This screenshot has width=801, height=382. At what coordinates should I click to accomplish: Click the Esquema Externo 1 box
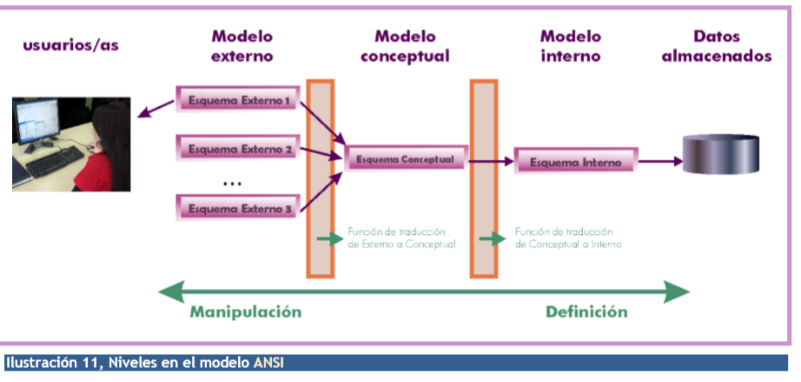(x=237, y=100)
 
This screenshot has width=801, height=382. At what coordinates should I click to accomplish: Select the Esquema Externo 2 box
(x=237, y=149)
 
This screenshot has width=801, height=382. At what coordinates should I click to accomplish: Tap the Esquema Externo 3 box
(x=237, y=208)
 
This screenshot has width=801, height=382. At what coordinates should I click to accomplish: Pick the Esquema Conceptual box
(x=406, y=159)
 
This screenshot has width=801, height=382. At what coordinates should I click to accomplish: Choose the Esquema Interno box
(x=576, y=162)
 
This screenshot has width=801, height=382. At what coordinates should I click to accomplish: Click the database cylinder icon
(x=721, y=154)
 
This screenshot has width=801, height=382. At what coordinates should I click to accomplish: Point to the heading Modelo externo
(x=242, y=46)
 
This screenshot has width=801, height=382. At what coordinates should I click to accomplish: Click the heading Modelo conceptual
(x=405, y=46)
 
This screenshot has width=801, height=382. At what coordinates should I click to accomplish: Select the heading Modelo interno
(x=571, y=46)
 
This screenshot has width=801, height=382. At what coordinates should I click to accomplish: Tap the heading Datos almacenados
(x=717, y=46)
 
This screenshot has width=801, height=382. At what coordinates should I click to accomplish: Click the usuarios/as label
(x=70, y=45)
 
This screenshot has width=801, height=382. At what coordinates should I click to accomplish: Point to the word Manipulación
(x=246, y=312)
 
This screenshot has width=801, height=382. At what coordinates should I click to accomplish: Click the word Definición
(x=586, y=312)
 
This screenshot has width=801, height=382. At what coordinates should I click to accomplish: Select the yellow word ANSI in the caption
(x=268, y=363)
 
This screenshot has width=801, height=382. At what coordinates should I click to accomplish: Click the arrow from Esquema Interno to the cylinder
(x=660, y=162)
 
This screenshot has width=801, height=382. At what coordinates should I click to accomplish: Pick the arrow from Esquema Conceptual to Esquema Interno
(x=491, y=161)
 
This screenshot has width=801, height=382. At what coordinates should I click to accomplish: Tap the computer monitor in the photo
(x=36, y=124)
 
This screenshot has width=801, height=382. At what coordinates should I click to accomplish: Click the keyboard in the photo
(x=56, y=161)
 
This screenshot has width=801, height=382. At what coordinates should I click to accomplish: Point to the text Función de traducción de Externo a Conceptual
(x=401, y=238)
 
